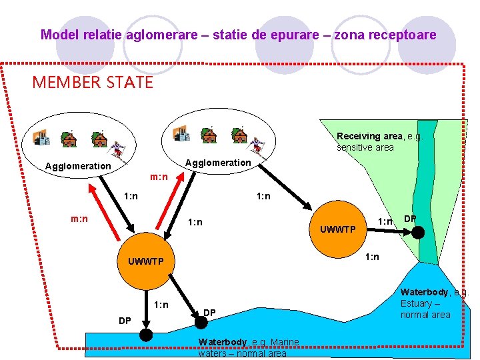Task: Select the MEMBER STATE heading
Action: (x=93, y=83)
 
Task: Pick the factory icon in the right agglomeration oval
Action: (x=181, y=133)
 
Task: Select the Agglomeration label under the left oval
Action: (x=77, y=166)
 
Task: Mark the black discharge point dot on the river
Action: (x=418, y=232)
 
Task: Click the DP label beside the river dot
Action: (x=411, y=218)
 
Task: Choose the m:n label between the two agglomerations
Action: (x=159, y=177)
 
